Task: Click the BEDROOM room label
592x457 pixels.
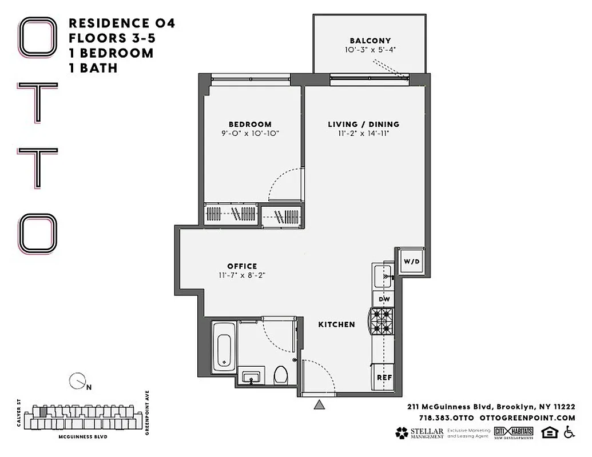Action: (250, 124)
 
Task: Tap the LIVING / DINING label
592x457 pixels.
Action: (363, 124)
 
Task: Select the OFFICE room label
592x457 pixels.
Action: (242, 266)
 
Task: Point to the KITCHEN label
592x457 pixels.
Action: (336, 324)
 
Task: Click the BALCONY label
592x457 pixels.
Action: (370, 41)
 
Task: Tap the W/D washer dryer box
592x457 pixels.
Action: (411, 262)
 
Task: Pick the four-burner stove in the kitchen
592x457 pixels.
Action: (383, 322)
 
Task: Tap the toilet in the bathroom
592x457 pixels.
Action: (281, 375)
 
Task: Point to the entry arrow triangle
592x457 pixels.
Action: (319, 405)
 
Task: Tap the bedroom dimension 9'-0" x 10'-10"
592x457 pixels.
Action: (250, 134)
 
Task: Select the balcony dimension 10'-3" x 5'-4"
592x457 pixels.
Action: (370, 50)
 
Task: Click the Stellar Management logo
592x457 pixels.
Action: (419, 433)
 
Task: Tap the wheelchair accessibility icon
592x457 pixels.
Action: (569, 432)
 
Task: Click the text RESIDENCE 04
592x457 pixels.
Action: (121, 23)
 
